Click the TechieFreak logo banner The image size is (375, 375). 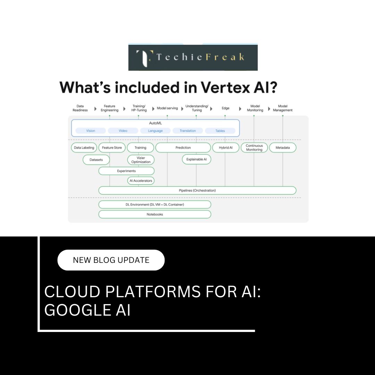coord(193,57)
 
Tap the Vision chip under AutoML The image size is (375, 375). coord(91,131)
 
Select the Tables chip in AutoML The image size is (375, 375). coord(220,131)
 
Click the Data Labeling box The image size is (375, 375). coord(84,148)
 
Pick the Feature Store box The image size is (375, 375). coord(112,148)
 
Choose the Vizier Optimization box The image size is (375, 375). coord(141,160)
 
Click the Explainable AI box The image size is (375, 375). coord(197,159)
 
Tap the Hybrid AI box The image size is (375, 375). coord(226,148)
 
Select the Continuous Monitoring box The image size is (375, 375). coord(254,148)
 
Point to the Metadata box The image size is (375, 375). coord(283,148)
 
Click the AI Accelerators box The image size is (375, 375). coord(141,181)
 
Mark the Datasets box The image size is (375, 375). coord(96,160)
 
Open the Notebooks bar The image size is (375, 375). coord(155,214)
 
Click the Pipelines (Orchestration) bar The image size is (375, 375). coord(197,190)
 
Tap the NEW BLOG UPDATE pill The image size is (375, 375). coord(111,260)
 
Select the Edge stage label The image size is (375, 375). coord(226,108)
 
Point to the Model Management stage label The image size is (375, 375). coord(283,108)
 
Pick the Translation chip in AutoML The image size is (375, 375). coord(188,131)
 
